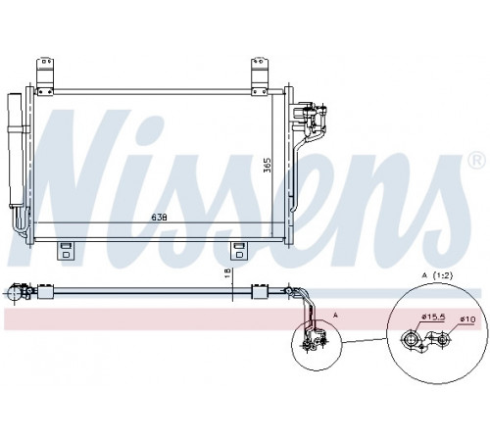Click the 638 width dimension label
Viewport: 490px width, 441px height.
(159, 218)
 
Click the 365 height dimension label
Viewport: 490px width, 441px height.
(268, 166)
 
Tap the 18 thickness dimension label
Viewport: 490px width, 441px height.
(228, 273)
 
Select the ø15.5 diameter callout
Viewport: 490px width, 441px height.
(433, 317)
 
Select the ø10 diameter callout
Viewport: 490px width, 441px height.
(467, 319)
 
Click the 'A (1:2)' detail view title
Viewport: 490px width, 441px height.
(437, 275)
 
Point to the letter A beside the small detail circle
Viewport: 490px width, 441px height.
(335, 315)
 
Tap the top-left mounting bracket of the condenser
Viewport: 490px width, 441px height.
(45, 76)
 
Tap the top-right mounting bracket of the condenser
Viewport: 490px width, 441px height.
(260, 76)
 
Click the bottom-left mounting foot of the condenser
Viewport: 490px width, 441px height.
(66, 251)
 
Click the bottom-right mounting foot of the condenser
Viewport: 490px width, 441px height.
(239, 251)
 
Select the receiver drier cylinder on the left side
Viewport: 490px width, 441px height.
(16, 150)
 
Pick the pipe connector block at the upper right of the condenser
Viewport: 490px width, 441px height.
(309, 118)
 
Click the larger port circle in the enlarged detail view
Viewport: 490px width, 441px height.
(410, 339)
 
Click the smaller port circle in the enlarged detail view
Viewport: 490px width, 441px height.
(442, 340)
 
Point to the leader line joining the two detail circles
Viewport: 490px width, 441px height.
(365, 340)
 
